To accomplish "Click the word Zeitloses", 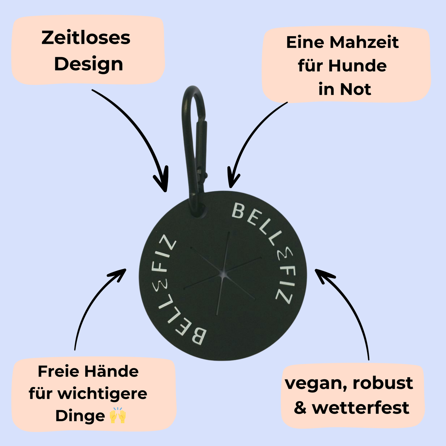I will tap(86, 38).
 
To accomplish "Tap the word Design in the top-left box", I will tap(89, 64).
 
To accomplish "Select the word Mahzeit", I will tap(364, 43).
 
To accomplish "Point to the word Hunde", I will tap(357, 66).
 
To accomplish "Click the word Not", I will tap(355, 90).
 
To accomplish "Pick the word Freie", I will tap(58, 371).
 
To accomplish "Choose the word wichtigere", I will tap(102, 394).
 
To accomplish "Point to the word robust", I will tap(383, 383).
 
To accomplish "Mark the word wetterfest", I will tap(361, 408).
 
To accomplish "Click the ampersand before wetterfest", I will tap(300, 408).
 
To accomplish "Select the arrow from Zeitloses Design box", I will tap(139, 130).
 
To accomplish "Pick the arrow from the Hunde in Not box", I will tap(247, 139).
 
